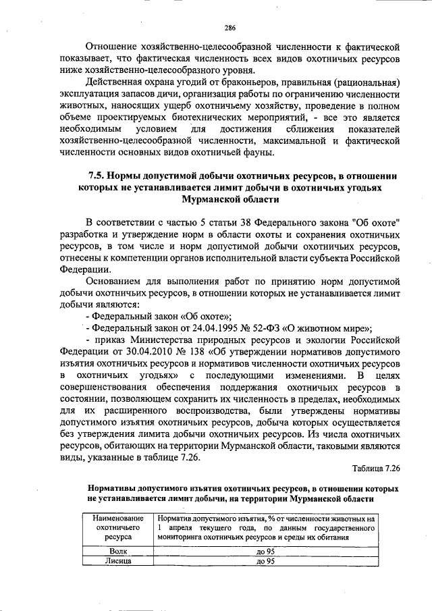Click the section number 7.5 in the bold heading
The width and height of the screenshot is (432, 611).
pyautogui.click(x=97, y=176)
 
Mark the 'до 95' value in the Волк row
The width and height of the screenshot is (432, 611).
pyautogui.click(x=265, y=551)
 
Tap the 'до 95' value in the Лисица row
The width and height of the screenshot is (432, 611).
pyautogui.click(x=265, y=560)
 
